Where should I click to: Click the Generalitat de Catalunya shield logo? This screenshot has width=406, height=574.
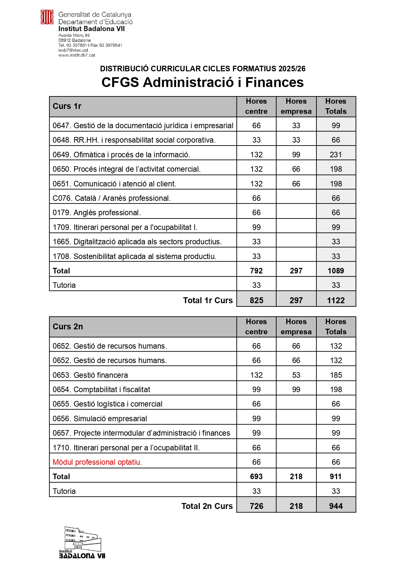pyautogui.click(x=47, y=17)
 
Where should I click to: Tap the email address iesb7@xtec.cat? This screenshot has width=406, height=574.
pyautogui.click(x=73, y=50)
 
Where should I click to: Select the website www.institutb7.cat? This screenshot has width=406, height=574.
pyautogui.click(x=77, y=55)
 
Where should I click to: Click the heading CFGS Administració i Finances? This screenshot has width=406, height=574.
pyautogui.click(x=202, y=82)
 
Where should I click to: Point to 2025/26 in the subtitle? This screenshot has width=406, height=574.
pyautogui.click(x=292, y=69)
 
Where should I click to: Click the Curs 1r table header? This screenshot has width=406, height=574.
pyautogui.click(x=67, y=106)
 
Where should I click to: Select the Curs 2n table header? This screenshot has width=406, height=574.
pyautogui.click(x=68, y=327)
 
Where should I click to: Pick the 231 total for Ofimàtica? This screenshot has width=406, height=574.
pyautogui.click(x=336, y=155)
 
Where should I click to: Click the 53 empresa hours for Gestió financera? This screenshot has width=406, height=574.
pyautogui.click(x=296, y=375)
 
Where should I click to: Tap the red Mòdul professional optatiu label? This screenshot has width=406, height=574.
pyautogui.click(x=97, y=462)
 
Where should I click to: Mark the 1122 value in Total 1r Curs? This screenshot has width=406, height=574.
pyautogui.click(x=336, y=300)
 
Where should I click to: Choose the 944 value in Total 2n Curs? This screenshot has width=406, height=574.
pyautogui.click(x=336, y=506)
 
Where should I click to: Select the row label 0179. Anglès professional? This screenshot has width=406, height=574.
pyautogui.click(x=96, y=213)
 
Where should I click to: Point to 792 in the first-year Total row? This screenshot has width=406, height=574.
pyautogui.click(x=256, y=271)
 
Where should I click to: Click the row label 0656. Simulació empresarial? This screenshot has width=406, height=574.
pyautogui.click(x=100, y=419)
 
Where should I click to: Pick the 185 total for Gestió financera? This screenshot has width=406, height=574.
pyautogui.click(x=336, y=375)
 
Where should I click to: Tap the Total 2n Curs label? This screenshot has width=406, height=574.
pyautogui.click(x=207, y=506)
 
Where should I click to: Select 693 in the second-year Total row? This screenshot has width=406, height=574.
pyautogui.click(x=256, y=477)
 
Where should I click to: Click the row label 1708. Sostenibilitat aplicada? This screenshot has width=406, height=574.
pyautogui.click(x=134, y=256)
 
